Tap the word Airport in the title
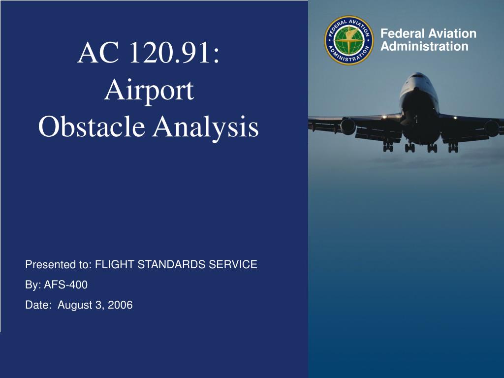tap(149, 91)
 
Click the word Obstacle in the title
tap(92, 126)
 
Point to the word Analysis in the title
tap(206, 127)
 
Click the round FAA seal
tap(349, 40)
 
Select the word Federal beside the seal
tap(403, 33)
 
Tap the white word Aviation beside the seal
tap(453, 33)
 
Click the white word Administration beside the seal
tap(424, 46)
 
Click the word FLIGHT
tap(115, 264)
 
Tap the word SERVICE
tap(233, 264)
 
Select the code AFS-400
tap(66, 285)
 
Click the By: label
tap(33, 285)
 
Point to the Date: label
tap(38, 305)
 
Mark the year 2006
tap(120, 305)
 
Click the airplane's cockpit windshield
tap(418, 76)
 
